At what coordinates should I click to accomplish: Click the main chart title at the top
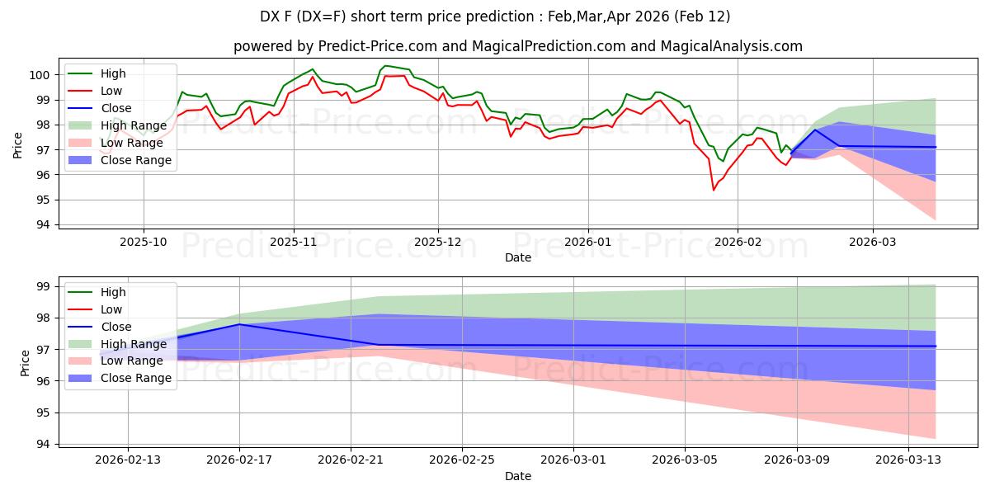[495, 16]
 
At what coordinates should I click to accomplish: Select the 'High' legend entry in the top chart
[113, 73]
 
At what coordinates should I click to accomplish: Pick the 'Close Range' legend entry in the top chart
[135, 160]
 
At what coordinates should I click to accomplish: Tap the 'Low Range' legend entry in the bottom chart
[133, 361]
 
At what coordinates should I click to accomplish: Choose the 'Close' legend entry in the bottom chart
[115, 327]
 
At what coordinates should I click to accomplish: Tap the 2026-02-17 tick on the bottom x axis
[239, 461]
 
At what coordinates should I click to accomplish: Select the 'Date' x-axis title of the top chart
[517, 258]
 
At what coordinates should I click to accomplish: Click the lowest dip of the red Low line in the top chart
[714, 191]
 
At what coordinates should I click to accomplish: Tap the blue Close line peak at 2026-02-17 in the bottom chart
[239, 324]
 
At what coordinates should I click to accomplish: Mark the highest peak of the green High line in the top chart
[384, 66]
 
